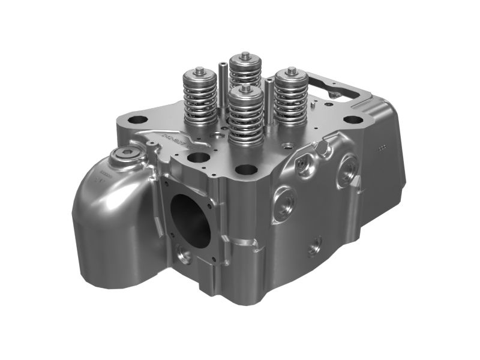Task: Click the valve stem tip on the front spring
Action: click(x=245, y=88)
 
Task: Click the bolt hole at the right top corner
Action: click(x=353, y=119)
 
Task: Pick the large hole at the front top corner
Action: click(x=245, y=170)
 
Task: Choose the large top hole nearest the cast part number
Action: click(x=198, y=157)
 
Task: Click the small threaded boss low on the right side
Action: click(x=315, y=246)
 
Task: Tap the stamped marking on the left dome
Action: click(x=98, y=178)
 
